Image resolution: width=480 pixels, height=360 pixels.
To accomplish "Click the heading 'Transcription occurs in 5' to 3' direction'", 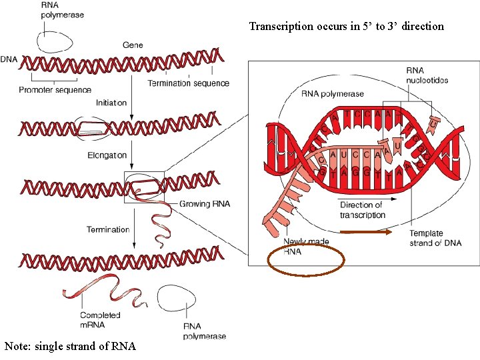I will pos(346,27).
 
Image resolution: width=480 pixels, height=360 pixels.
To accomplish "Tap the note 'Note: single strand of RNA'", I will pos(70,346).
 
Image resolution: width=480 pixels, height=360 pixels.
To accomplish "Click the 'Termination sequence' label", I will pos(188,83).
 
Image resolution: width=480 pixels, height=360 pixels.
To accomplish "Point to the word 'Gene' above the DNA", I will pos(133,45).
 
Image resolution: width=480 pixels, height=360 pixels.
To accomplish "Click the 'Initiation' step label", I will pos(111,103).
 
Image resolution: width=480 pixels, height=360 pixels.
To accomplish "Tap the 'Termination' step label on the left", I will pos(108,229).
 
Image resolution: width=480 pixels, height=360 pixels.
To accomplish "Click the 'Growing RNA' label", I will pos(204,204).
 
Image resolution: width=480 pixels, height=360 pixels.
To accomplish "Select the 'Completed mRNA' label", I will pos(100,319).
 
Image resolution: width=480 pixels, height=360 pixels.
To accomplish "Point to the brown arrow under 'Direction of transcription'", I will pos(366,233).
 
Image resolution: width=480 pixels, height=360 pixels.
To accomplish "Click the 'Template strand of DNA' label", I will pos(435,238).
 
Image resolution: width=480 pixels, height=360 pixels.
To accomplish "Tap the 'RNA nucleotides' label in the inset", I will pos(427,75).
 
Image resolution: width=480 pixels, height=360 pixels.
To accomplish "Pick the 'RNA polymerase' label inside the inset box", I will pos(333,94).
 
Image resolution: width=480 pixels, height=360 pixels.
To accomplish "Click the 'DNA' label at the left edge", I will pos(9,59).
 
